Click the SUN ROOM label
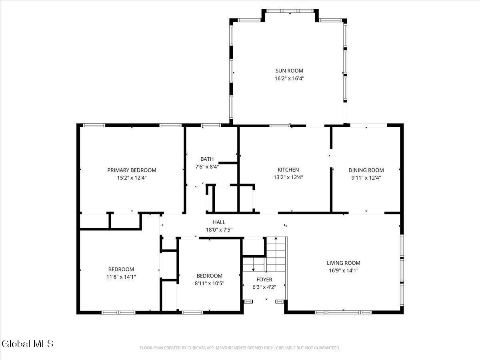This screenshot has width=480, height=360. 289,71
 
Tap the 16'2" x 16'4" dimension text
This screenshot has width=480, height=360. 289,79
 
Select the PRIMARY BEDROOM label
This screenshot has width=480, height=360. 132,170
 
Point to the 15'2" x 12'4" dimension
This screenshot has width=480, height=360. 132,178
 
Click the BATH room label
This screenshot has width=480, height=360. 207,159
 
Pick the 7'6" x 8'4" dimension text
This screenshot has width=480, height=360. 207,167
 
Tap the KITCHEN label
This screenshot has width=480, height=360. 288,170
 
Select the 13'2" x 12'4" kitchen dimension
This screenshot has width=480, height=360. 288,178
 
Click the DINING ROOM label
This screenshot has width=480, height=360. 366,170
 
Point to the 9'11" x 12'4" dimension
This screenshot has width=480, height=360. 366,178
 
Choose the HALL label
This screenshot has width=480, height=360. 219,222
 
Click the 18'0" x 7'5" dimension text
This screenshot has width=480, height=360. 219,230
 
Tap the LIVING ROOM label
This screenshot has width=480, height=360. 343,263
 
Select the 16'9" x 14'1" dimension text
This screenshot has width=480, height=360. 343,271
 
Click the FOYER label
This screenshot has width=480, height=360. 264,279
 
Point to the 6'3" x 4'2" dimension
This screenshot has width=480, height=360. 264,287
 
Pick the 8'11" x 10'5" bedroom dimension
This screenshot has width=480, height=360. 209,284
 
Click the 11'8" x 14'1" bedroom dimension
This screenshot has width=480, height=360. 121,276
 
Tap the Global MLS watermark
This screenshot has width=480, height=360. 27,344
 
